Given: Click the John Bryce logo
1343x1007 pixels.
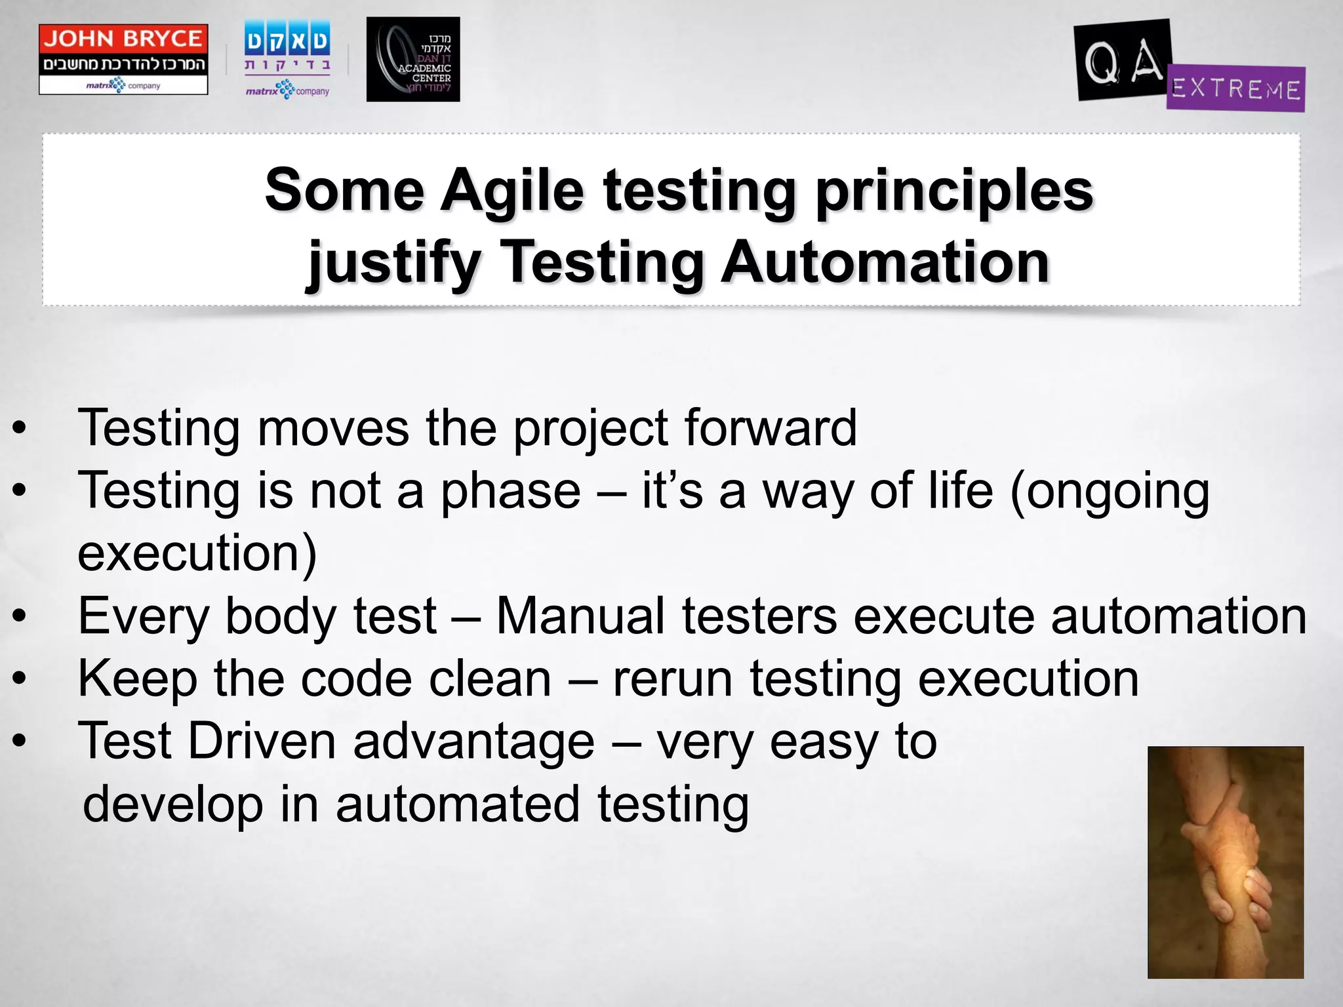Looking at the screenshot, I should (x=123, y=59).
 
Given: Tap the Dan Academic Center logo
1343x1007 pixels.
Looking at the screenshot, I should (x=412, y=60).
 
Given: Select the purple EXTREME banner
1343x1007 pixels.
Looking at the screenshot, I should (x=1235, y=89).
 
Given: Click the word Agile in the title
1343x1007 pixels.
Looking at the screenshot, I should (x=511, y=190).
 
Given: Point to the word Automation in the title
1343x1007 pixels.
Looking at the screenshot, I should (x=885, y=262).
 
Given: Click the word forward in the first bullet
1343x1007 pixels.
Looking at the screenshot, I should (x=771, y=427).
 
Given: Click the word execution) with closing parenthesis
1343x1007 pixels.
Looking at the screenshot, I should (x=197, y=553).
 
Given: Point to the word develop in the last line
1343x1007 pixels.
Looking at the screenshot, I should (x=172, y=805).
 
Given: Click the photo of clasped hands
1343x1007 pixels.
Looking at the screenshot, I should (x=1225, y=861).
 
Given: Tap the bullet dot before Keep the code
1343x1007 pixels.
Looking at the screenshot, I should (x=20, y=679).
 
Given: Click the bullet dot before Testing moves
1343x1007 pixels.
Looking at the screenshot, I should (x=20, y=428).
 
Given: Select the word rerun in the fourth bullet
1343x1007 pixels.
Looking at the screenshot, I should (x=672, y=680).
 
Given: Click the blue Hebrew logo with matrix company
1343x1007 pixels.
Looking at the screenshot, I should (x=287, y=60).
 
